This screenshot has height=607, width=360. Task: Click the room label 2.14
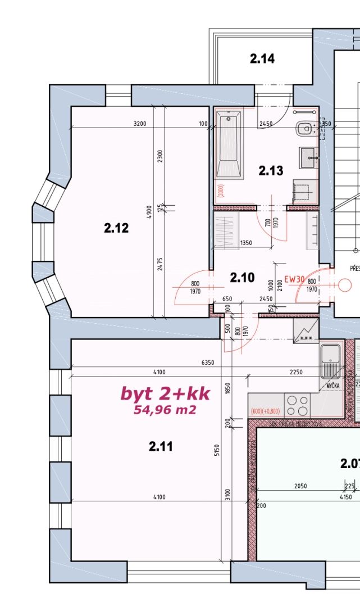pos(262,58)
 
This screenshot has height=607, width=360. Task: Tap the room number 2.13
pos(271,171)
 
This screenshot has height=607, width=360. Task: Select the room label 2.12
pos(116,228)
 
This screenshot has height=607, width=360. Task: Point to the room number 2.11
pos(161,446)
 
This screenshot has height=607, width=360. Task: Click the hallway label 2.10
pos(243,277)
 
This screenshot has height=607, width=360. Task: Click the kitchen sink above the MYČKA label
pos(330,360)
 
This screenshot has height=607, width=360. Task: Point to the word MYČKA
pos(332,387)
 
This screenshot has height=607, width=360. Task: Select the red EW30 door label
pos(294,278)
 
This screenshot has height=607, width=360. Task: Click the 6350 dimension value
pos(208,363)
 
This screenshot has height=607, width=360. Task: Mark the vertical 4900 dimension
pos(149,212)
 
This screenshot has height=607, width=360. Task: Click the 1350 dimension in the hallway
pos(245,243)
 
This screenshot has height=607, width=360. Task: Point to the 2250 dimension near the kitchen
pos(295,372)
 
